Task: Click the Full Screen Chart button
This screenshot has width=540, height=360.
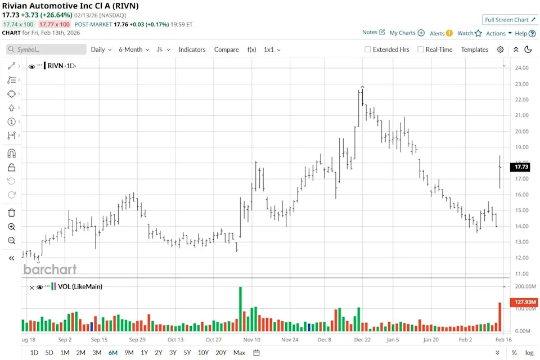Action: click(510, 20)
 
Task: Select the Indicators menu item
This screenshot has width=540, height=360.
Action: click(192, 49)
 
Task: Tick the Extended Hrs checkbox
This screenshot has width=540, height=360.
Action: click(368, 49)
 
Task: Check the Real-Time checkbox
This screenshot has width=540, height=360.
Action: click(420, 49)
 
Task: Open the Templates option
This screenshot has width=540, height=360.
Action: click(474, 49)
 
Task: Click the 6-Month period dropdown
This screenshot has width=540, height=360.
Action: click(134, 49)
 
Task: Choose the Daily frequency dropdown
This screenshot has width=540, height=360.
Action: click(101, 49)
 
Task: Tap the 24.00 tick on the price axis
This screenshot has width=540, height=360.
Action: click(521, 68)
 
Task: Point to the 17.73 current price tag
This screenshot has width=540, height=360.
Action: click(521, 167)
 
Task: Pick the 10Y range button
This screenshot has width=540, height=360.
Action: click(203, 353)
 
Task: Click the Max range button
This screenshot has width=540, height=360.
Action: click(239, 353)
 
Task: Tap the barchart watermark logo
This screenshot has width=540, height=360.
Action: click(50, 269)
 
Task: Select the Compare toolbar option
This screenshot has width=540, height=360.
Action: click(226, 49)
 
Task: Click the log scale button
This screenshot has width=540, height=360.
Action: click(529, 353)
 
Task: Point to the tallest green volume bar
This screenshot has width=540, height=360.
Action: click(240, 309)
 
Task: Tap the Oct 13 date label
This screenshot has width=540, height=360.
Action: click(175, 340)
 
